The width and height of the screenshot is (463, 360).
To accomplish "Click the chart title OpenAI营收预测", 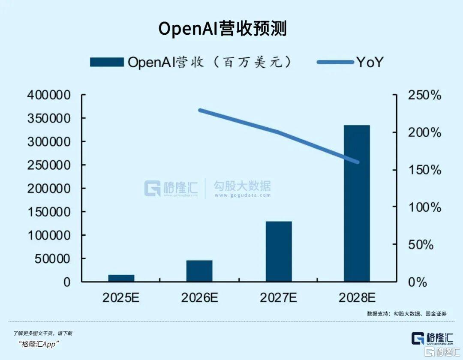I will point(222,29).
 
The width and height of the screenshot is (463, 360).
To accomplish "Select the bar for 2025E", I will point(121,278).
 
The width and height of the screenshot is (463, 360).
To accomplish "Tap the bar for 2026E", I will point(199,271).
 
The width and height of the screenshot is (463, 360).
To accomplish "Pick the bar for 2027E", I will point(278,252).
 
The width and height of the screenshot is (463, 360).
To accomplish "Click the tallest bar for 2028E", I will point(356,204).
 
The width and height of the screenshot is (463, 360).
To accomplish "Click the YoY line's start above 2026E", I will point(200,110).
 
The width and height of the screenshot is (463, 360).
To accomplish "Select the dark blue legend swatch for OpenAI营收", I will point(107,62).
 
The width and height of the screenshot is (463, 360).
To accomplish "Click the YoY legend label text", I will point(369,62).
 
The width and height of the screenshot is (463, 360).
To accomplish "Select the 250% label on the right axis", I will point(424,95).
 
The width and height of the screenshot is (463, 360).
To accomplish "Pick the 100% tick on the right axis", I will point(424,207).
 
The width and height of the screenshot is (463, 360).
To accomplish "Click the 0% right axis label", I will point(418,282).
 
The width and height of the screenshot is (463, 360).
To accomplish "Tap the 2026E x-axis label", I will point(199,297).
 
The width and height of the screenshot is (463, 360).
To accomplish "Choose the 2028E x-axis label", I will point(356,297).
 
